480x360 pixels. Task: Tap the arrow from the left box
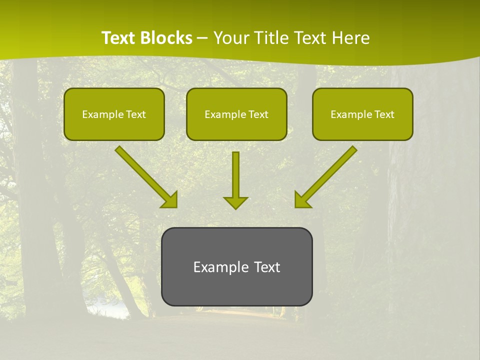142,173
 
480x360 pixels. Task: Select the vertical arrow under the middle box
235,175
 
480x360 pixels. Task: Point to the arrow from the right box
330,173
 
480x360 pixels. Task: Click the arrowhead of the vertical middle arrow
235,202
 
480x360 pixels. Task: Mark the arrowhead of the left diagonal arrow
170,200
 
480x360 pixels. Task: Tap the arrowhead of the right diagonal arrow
302,200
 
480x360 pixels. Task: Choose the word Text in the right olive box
384,114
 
